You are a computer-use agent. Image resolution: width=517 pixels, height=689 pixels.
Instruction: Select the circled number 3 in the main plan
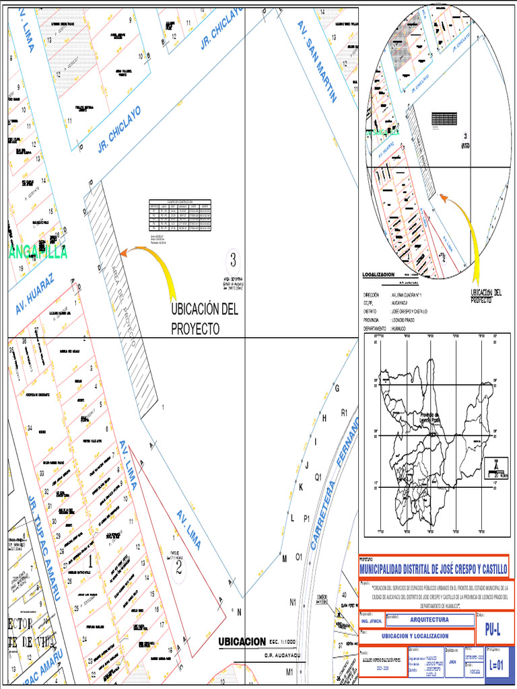point(233,258)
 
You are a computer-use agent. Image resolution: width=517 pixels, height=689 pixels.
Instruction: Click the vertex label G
point(337,388)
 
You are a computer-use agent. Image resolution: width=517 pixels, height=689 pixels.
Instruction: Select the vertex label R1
point(344,412)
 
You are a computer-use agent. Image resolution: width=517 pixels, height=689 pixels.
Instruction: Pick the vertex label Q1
point(318,476)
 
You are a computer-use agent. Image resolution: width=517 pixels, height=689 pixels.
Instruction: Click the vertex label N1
point(293,602)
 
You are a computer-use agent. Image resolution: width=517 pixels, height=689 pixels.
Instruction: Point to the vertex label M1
point(289,672)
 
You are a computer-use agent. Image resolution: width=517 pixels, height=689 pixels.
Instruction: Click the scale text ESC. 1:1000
point(283,641)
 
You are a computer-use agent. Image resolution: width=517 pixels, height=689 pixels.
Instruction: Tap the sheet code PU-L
point(493,630)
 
